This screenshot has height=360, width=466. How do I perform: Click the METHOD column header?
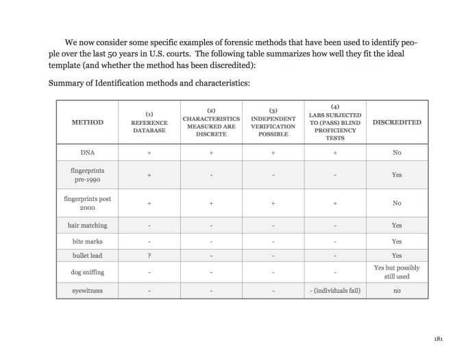pos(88,123)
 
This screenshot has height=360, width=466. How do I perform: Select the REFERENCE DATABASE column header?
pos(149,123)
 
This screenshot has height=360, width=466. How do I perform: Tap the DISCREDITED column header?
pos(397,123)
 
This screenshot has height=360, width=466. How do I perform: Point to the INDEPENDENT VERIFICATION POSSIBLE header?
pos(273,123)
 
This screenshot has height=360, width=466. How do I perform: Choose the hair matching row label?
pos(88,225)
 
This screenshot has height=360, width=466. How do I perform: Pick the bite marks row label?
pos(88,241)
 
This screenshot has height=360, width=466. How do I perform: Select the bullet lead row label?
pos(88,255)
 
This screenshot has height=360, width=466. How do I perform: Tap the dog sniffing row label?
pos(88,272)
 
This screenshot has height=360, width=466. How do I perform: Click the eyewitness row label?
pos(88,291)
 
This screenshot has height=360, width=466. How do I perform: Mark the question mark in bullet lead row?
pos(149,255)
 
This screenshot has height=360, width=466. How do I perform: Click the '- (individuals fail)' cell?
pos(335,291)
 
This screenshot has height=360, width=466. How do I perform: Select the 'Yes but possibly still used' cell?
pos(397,272)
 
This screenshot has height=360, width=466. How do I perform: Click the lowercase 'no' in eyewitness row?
pos(397,291)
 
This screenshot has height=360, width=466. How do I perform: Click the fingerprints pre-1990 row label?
pos(88,175)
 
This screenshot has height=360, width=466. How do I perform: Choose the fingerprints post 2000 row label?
pos(88,204)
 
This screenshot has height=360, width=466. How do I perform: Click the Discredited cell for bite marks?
pos(397,241)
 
